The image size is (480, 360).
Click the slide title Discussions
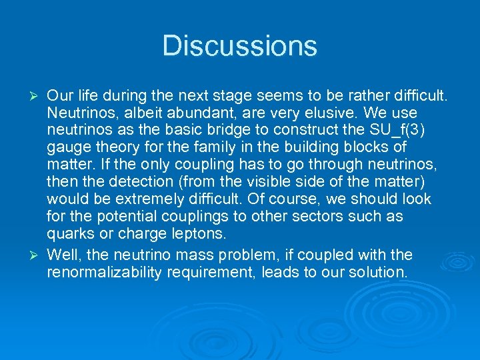click(x=239, y=46)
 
